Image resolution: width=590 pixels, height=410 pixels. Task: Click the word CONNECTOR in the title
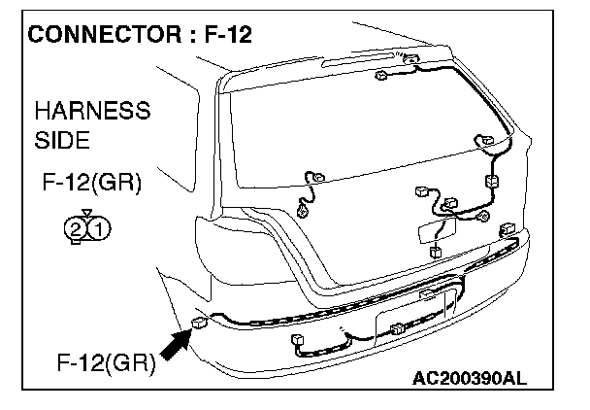105,34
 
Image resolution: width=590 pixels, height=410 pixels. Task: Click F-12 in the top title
228,34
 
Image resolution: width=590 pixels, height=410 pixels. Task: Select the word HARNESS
92,111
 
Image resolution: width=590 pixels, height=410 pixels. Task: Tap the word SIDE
62,140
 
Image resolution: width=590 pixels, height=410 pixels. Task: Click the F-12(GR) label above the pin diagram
92,183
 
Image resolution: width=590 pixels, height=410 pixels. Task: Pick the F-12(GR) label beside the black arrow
106,363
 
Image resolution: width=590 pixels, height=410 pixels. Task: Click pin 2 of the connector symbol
76,228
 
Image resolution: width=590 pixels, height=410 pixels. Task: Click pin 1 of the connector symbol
99,228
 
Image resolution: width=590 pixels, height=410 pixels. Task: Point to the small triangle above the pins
87,214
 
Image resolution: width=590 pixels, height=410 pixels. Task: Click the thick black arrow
176,344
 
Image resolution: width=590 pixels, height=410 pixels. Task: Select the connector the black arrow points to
200,323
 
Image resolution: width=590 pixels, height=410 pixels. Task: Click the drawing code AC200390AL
470,378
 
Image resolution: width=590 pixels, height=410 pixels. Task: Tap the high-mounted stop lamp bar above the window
358,60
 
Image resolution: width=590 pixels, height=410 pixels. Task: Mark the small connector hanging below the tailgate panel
436,252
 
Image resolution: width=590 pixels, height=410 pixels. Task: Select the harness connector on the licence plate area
397,329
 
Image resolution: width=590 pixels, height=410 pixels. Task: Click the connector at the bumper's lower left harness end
297,339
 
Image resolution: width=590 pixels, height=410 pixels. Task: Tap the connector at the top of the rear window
381,75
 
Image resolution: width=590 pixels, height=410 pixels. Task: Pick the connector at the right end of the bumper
508,229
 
